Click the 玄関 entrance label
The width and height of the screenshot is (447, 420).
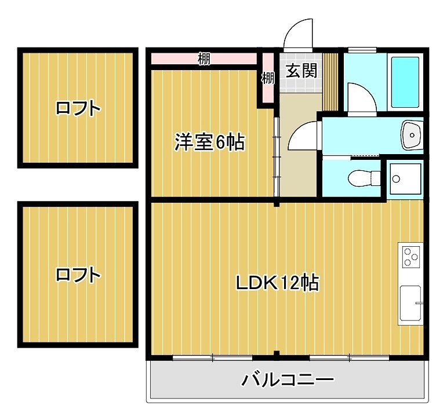point(301,71)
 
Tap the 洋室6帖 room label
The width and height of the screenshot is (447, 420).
point(209,142)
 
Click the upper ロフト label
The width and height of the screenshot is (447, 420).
point(78,108)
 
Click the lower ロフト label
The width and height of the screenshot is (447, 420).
point(78,275)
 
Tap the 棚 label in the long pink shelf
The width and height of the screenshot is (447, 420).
point(203,59)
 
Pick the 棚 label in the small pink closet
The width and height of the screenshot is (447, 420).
point(267,78)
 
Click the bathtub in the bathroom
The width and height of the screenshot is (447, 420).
point(405,82)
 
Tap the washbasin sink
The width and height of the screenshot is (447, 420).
point(412,136)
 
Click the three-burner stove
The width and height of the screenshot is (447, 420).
point(412,257)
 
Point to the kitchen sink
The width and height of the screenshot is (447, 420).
point(411,304)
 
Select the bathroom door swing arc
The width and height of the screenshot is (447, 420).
point(359,96)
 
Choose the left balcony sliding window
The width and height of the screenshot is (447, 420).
point(213,357)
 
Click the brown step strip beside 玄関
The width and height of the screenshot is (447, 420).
point(330,81)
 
